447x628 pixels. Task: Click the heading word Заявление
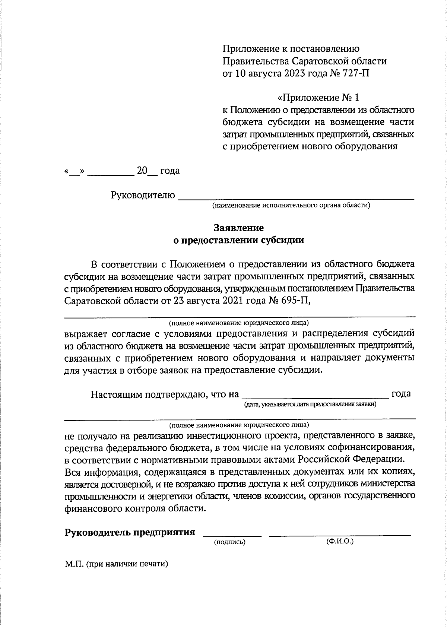[x=239, y=228]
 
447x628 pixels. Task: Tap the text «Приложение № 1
[x=318, y=98]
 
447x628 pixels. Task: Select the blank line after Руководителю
[x=296, y=196]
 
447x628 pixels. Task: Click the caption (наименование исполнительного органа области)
[x=291, y=206]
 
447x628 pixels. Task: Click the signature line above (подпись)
[x=232, y=534]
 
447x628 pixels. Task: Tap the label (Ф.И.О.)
[x=339, y=541]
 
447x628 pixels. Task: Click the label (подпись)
[x=229, y=542]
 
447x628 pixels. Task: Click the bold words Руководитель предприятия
[x=130, y=532]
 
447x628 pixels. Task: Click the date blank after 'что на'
[x=315, y=396]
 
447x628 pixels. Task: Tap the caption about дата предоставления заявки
[x=310, y=405]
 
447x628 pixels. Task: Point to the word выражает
[x=85, y=333]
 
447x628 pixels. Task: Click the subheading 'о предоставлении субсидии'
[x=239, y=240]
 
